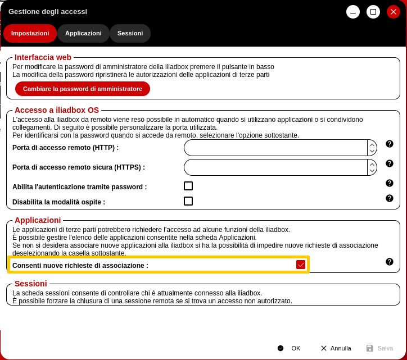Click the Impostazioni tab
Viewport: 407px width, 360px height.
(30, 33)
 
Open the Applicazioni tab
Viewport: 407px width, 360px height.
(83, 33)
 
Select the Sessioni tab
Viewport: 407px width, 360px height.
(130, 33)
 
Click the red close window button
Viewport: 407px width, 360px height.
(393, 12)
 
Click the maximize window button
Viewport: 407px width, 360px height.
(373, 12)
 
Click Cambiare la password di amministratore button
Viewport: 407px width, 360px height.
(83, 89)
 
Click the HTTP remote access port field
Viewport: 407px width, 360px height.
(275, 148)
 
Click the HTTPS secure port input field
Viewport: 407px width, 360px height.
(275, 167)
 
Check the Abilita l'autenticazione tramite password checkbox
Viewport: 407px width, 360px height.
(188, 186)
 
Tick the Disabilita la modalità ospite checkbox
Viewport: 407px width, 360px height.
(188, 201)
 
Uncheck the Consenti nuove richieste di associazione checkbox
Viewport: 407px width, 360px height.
(301, 265)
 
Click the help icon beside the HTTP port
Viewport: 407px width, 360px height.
(389, 144)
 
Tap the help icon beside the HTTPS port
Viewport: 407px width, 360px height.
(389, 163)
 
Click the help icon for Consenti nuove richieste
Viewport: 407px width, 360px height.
(389, 262)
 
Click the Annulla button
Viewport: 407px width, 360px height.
(336, 348)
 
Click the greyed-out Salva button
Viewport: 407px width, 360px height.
(380, 348)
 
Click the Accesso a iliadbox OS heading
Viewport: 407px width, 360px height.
(57, 110)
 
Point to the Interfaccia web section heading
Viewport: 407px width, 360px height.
(43, 57)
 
